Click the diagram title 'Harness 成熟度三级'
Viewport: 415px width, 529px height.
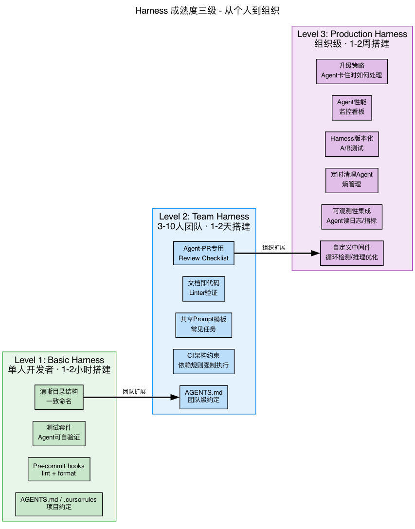click(207, 11)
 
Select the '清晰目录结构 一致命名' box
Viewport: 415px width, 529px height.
click(59, 397)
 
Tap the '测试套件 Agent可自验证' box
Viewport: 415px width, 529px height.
click(59, 433)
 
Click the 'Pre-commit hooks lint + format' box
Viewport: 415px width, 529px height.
click(59, 470)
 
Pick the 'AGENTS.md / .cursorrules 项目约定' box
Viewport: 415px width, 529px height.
click(59, 504)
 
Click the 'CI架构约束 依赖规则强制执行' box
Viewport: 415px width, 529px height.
click(203, 361)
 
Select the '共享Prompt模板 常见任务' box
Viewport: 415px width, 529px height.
click(203, 325)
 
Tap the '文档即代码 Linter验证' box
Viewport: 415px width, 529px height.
click(203, 288)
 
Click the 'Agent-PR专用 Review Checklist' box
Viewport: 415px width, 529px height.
click(203, 253)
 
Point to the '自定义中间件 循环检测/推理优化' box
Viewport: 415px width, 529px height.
click(352, 253)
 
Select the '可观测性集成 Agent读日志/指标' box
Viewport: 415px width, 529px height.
click(352, 217)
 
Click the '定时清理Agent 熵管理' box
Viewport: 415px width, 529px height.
click(352, 180)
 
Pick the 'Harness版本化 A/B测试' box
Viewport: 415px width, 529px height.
click(352, 144)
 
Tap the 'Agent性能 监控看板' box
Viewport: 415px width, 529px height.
click(352, 108)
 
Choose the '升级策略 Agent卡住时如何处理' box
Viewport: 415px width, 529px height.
click(352, 72)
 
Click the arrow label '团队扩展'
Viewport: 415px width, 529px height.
click(134, 391)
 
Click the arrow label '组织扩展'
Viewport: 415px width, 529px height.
click(274, 247)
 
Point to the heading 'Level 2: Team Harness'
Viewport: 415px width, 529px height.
click(204, 217)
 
